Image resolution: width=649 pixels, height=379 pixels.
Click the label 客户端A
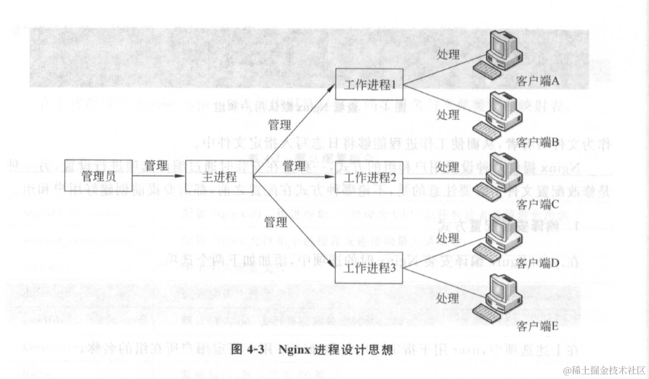(x=538, y=81)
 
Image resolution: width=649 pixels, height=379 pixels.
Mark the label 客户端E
(x=538, y=327)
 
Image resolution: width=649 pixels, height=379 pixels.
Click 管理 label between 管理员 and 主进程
(x=156, y=166)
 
